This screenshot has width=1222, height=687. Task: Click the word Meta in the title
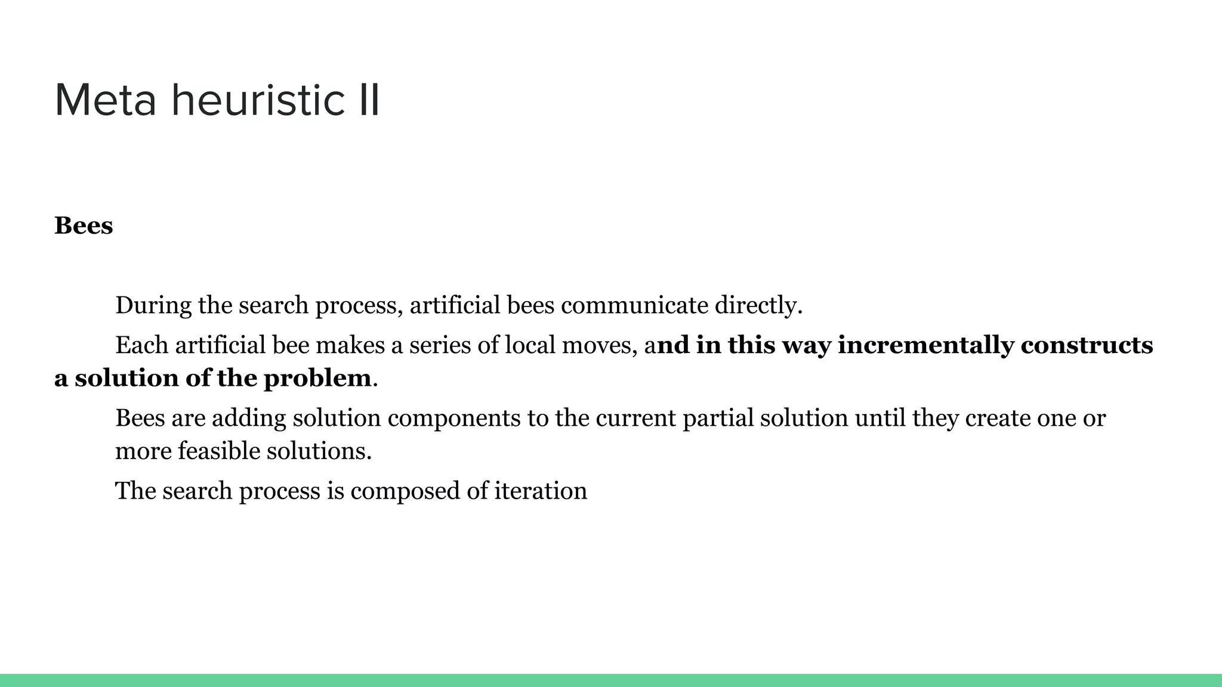tap(106, 100)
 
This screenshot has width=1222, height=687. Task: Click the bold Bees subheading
tap(84, 226)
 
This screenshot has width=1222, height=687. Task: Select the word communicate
tap(634, 305)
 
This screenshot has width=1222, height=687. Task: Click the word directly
tap(758, 305)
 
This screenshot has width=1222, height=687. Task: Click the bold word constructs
tap(1087, 345)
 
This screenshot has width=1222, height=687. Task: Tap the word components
tap(454, 418)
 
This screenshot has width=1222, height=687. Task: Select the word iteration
tap(541, 491)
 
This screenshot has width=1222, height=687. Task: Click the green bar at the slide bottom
tap(611, 680)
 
